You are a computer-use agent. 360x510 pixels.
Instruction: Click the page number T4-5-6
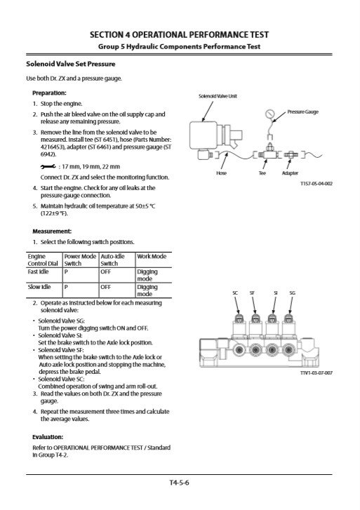coord(179,483)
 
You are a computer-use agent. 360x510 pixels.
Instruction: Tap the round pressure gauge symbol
coord(270,114)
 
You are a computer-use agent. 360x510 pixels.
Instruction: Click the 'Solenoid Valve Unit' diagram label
coord(218,96)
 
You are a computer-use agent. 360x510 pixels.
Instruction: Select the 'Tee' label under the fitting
coord(262,173)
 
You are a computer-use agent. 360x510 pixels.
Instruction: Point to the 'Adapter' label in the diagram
coord(290,173)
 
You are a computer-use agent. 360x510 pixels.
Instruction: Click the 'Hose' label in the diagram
coord(221,173)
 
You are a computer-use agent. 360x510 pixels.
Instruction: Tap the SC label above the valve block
coord(235,293)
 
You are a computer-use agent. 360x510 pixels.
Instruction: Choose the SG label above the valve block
coord(293,293)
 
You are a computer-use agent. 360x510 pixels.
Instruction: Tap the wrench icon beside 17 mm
coord(48,166)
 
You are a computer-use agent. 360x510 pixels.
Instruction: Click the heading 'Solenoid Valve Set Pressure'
coord(71,64)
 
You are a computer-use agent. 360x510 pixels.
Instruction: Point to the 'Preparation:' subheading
coord(49,93)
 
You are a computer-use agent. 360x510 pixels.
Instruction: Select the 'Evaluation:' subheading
coord(48,437)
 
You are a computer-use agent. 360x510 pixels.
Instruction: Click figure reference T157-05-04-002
coord(316,183)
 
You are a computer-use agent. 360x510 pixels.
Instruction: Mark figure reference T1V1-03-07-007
coord(316,373)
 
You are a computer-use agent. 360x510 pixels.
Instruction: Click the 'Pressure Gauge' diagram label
coord(302,112)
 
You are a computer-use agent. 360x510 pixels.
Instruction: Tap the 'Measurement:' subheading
coord(52,231)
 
